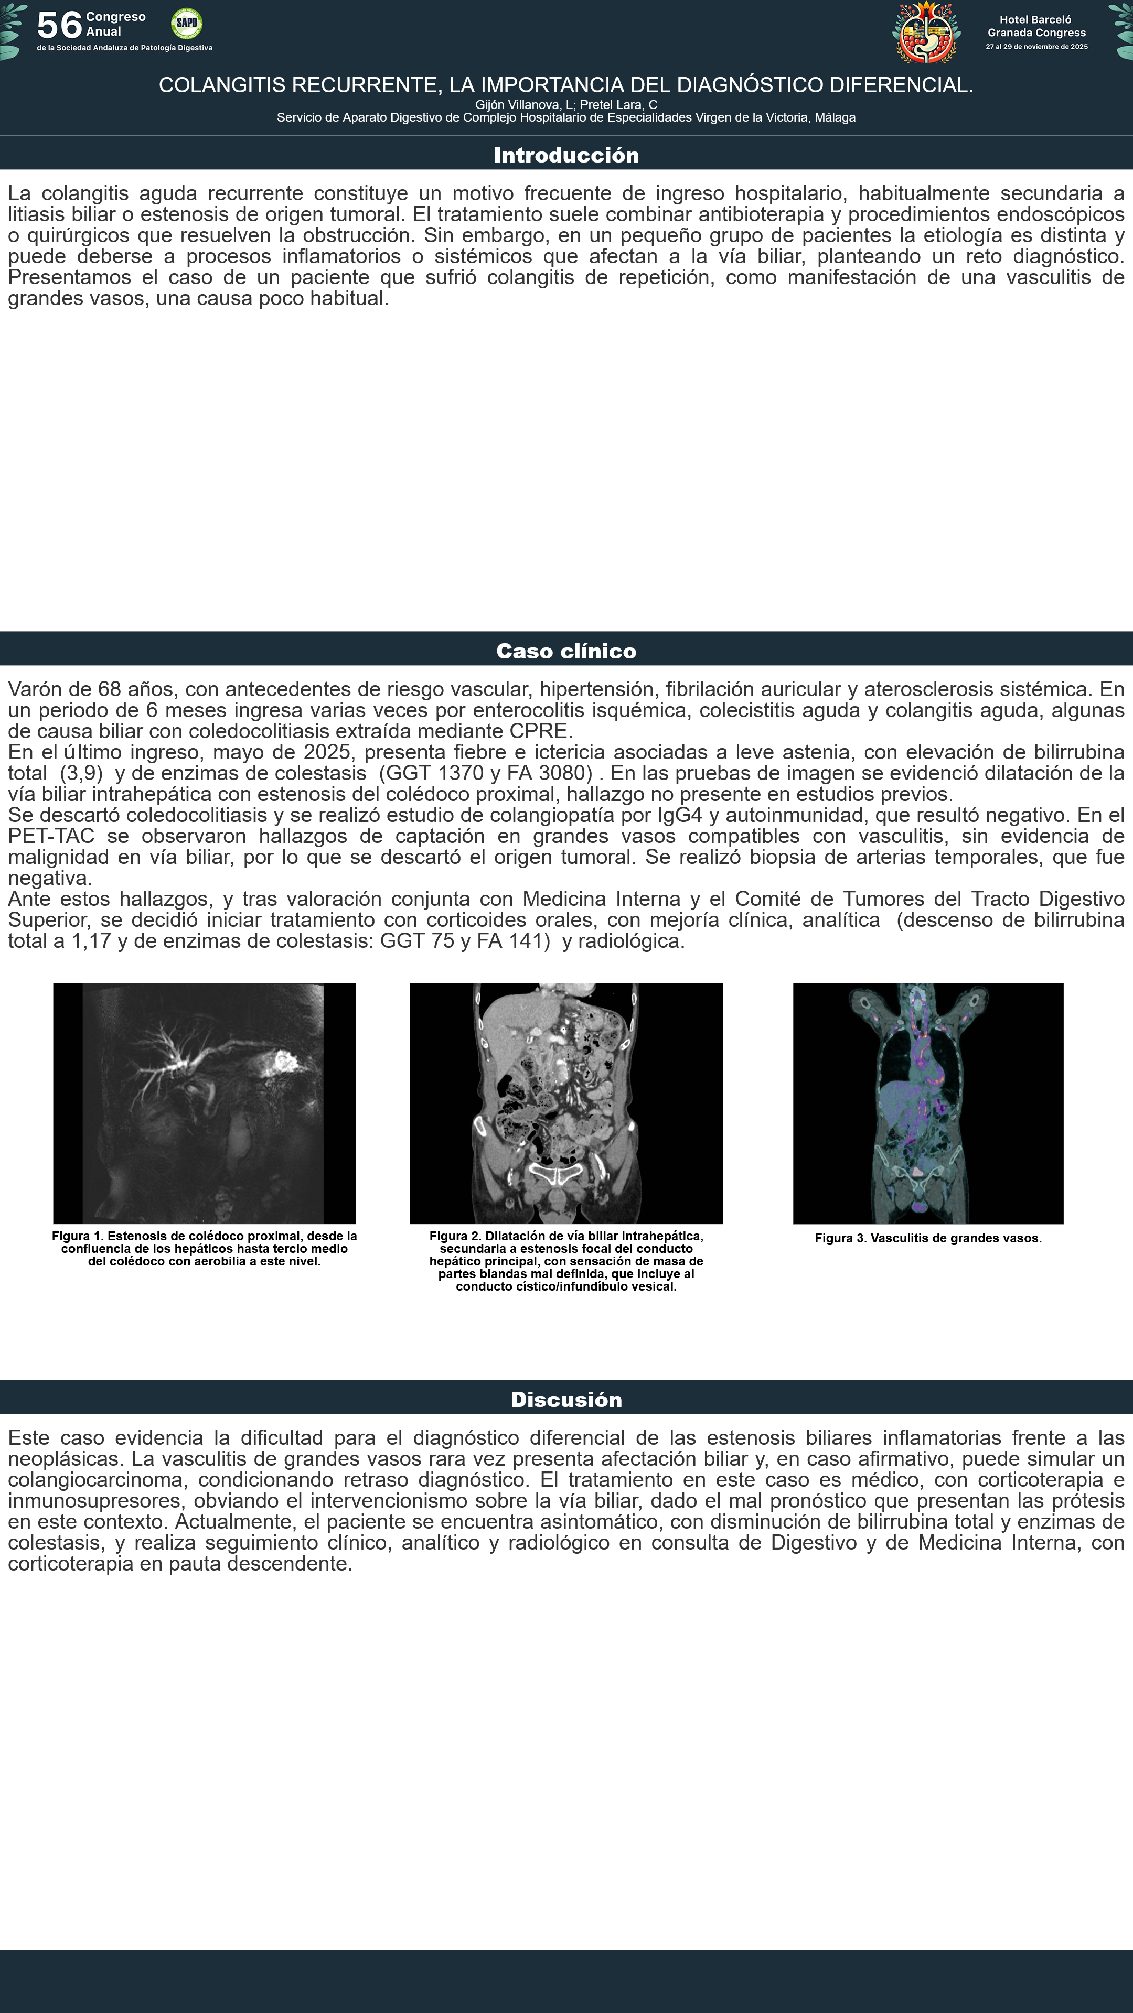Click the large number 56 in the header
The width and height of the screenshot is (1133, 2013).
coord(59,25)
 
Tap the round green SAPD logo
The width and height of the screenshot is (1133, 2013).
coord(187,24)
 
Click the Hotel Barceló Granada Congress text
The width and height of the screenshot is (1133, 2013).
coord(1036,26)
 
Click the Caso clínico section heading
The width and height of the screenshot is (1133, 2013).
coord(566,651)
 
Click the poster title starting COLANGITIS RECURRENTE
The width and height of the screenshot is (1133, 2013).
coord(566,85)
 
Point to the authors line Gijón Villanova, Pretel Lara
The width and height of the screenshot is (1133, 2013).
coord(566,105)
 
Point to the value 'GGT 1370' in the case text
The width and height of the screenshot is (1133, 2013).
coord(430,773)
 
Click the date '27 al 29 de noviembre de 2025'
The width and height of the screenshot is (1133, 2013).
coord(1036,47)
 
